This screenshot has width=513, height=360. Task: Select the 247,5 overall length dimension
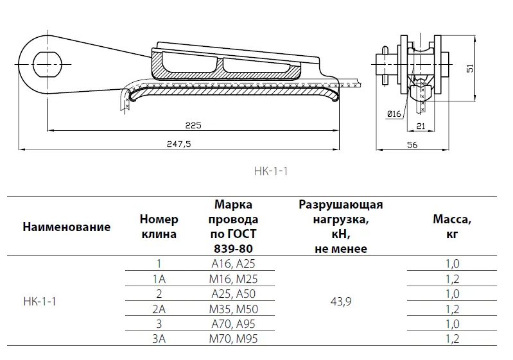178,144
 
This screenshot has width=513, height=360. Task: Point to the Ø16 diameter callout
394,114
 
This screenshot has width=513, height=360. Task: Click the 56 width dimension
413,145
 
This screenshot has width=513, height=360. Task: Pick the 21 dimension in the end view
421,126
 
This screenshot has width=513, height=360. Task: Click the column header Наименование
66,227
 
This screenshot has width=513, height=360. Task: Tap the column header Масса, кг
452,227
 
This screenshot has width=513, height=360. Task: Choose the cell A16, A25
234,263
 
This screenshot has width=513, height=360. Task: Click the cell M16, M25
234,279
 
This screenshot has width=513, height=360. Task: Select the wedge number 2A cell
159,309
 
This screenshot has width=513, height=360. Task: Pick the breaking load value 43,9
341,301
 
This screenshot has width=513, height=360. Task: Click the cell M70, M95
234,339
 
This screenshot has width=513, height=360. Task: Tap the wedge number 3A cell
159,339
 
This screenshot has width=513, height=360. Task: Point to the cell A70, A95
234,323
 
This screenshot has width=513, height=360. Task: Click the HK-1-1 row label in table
40,301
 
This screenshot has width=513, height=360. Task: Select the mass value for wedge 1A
452,279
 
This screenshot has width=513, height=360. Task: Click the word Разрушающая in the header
341,205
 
